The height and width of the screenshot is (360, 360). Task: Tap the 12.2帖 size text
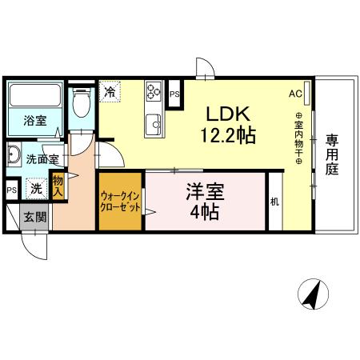pyautogui.click(x=229, y=135)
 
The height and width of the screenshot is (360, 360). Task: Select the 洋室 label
pyautogui.click(x=205, y=192)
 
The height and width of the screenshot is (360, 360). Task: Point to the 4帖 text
pyautogui.click(x=206, y=213)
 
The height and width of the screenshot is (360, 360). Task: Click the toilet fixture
pyautogui.click(x=80, y=105)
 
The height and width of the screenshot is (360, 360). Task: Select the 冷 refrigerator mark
pyautogui.click(x=110, y=90)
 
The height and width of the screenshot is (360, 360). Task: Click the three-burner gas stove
pyautogui.click(x=153, y=94)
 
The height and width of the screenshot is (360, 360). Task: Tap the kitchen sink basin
pyautogui.click(x=153, y=123)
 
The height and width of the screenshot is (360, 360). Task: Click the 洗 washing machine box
pyautogui.click(x=35, y=190)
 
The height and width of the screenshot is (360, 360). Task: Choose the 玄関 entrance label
pyautogui.click(x=34, y=216)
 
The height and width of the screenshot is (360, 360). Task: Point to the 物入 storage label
pyautogui.click(x=58, y=187)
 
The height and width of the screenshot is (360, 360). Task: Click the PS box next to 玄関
pyautogui.click(x=12, y=190)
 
